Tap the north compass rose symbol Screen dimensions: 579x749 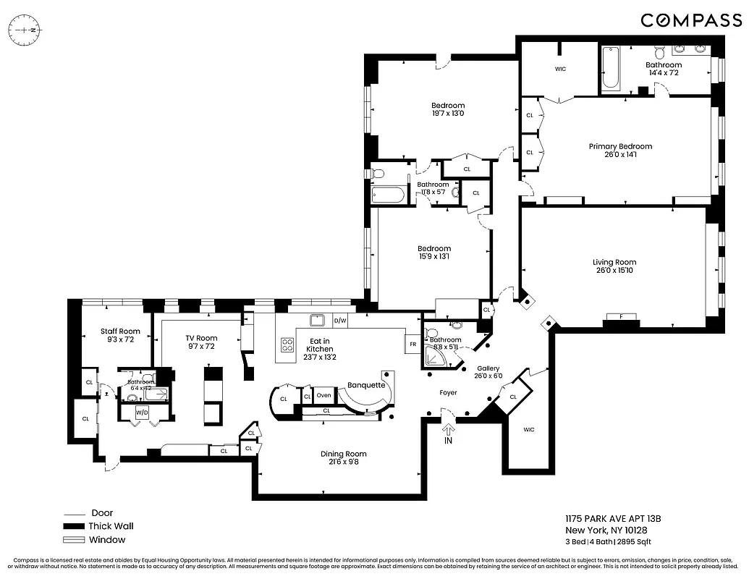[x=25, y=31]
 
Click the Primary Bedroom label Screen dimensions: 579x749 [x=620, y=146]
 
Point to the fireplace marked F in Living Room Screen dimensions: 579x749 [x=620, y=317]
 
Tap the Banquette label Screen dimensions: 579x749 [x=366, y=385]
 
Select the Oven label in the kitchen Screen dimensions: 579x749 [x=323, y=396]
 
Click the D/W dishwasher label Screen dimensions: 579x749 [x=340, y=321]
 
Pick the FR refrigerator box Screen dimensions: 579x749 [x=412, y=345]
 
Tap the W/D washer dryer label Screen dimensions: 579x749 [x=143, y=413]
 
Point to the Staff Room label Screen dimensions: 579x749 [x=120, y=331]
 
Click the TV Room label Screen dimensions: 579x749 [x=201, y=338]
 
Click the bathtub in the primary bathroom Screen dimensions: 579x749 [x=610, y=69]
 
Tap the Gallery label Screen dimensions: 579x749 [x=488, y=368]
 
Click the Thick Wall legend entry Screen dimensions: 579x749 [x=111, y=526]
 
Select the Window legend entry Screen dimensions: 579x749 [x=107, y=540]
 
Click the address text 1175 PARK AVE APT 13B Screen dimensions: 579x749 [x=613, y=519]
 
